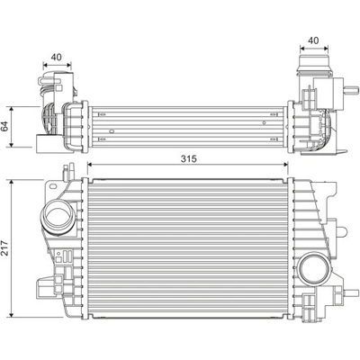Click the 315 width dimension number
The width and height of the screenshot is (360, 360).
click(188, 158)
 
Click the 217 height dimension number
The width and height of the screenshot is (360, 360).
click(5, 248)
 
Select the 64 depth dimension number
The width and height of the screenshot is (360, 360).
click(5, 126)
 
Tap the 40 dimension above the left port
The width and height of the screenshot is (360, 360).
click(56, 57)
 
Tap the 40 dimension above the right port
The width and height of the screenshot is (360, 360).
click(313, 40)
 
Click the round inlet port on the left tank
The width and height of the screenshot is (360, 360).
click(57, 216)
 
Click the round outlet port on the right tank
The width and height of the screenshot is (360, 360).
click(313, 268)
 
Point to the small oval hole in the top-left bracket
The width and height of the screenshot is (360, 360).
click(53, 186)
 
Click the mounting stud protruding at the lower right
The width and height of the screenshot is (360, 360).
click(352, 292)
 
